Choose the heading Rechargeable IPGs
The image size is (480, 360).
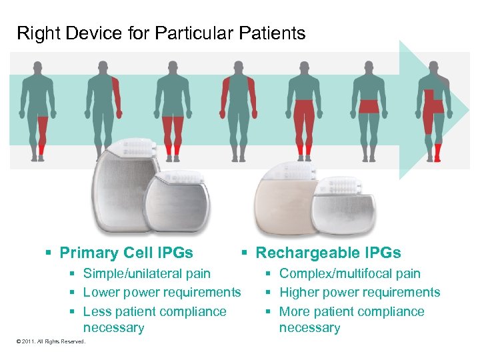click(328, 253)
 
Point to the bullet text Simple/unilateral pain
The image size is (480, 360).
click(147, 273)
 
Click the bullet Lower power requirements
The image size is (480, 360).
click(162, 292)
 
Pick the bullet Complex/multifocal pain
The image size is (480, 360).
click(349, 273)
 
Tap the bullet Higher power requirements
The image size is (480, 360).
click(359, 292)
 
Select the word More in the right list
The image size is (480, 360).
click(295, 311)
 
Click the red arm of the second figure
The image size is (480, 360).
click(117, 93)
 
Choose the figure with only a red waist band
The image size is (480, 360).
click(369, 107)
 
